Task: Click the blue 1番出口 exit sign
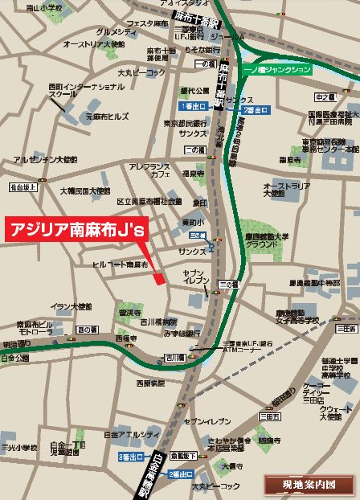pos(194,105)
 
